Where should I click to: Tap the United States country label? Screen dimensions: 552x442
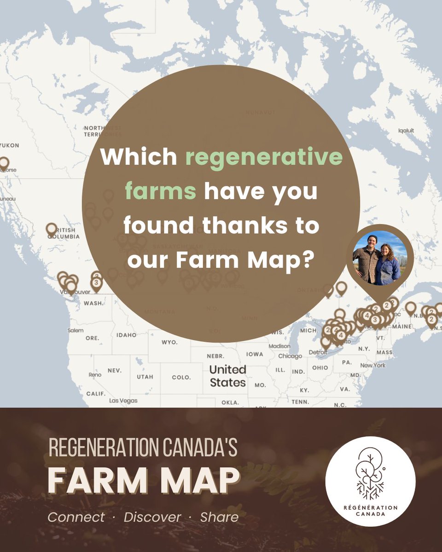coord(228,376)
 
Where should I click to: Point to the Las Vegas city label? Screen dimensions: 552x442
coord(123,401)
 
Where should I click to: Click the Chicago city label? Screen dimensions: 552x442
coord(290,356)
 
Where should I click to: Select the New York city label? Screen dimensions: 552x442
coord(373,365)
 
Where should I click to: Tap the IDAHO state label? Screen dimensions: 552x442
coord(127,335)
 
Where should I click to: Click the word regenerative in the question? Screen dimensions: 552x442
coord(264,158)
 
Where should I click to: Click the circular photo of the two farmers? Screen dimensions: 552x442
coord(380,258)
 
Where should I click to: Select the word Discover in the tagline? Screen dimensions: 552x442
coord(152,517)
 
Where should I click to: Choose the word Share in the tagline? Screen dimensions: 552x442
coord(219,517)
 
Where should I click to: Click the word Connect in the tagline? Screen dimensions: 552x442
coord(76,517)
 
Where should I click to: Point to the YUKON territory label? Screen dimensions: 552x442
coord(9,145)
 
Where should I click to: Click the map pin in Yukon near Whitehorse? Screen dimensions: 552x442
coord(4,163)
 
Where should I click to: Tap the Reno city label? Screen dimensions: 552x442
coord(95,375)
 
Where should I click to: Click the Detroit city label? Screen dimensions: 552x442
coord(317,352)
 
